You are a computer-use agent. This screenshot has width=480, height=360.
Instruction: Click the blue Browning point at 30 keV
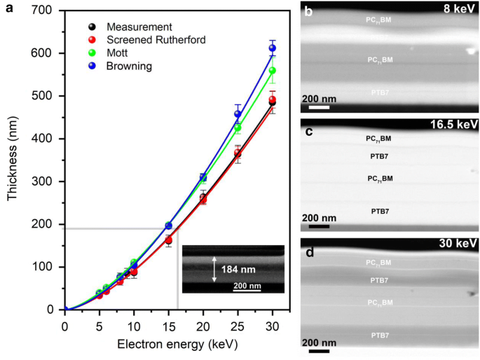click(x=272, y=48)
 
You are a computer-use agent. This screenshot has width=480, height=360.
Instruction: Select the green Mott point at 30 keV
click(x=272, y=71)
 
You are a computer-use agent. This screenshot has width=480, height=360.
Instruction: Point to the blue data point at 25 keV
click(x=238, y=113)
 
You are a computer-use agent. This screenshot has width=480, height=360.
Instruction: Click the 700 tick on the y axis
click(x=47, y=11)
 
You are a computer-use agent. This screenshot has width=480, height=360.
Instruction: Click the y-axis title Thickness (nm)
click(x=13, y=160)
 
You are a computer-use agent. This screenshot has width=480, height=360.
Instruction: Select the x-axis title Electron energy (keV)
click(x=168, y=345)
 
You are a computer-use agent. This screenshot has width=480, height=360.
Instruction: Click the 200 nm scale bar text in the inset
click(x=247, y=285)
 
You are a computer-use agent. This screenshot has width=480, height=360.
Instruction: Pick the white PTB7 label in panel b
click(x=378, y=92)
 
